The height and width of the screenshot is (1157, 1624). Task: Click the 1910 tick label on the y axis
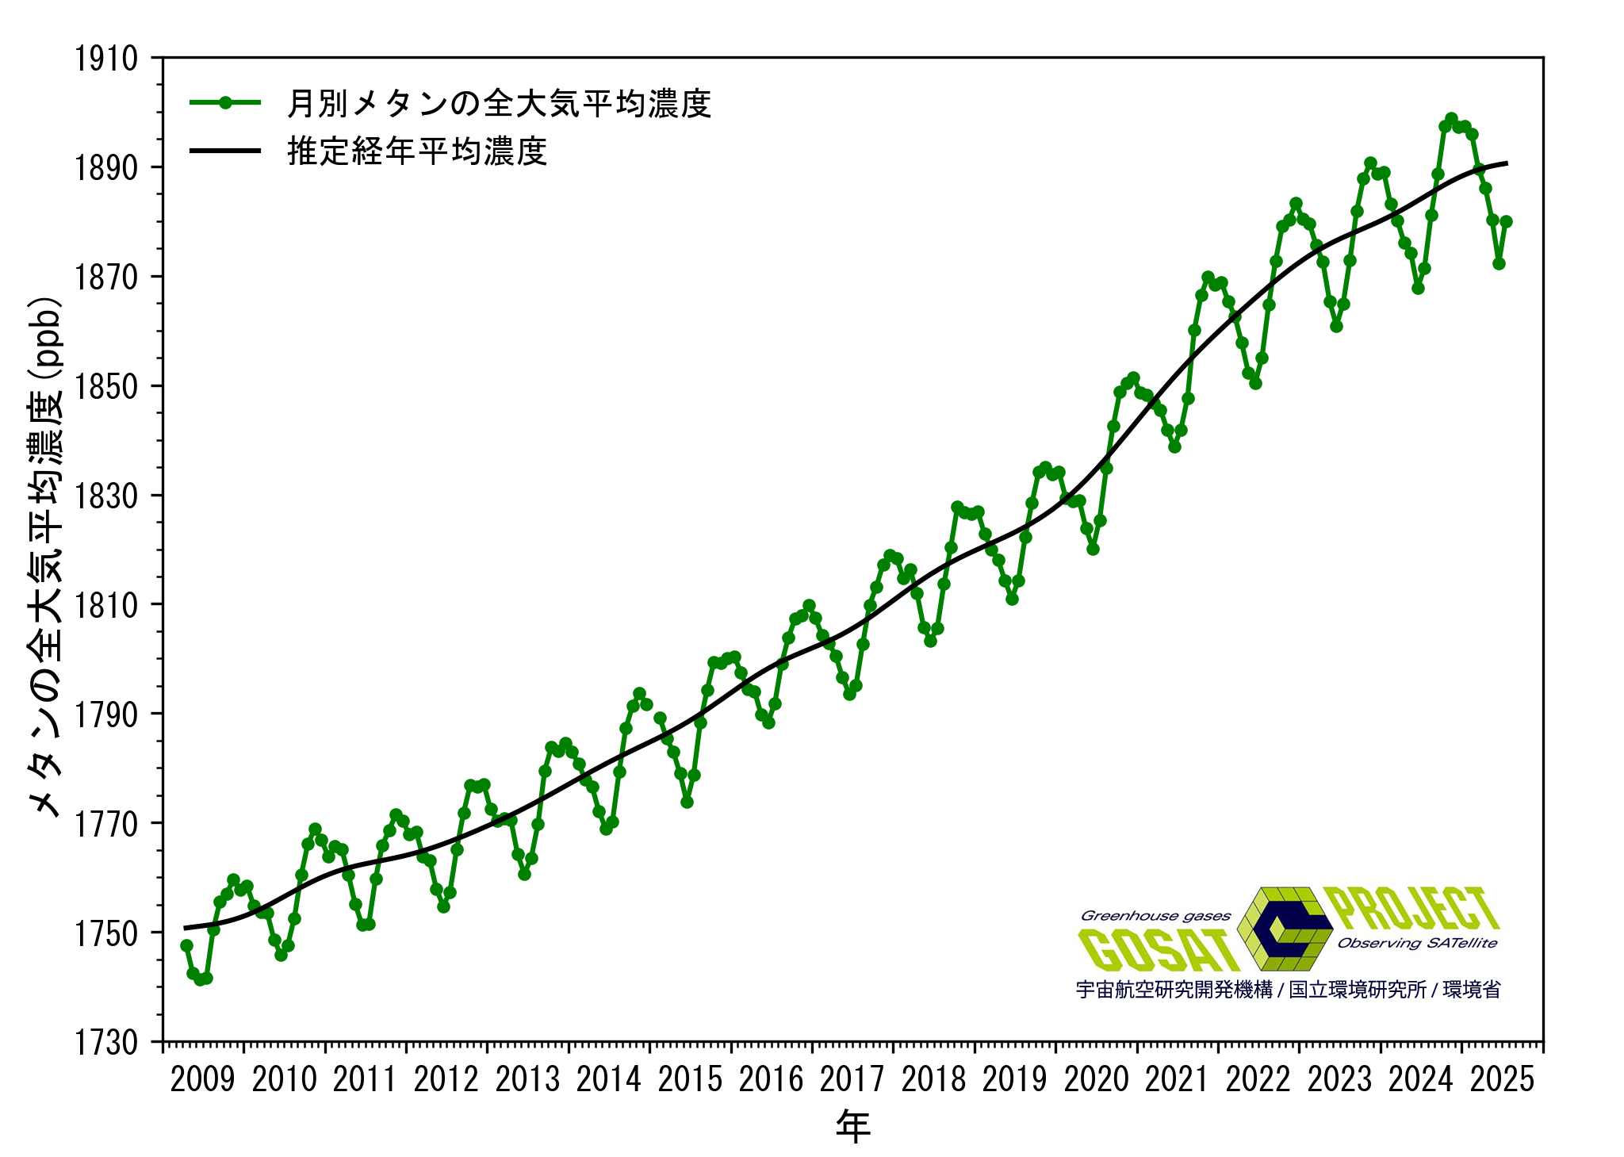pyautogui.click(x=105, y=59)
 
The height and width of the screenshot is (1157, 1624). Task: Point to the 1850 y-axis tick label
pyautogui.click(x=105, y=387)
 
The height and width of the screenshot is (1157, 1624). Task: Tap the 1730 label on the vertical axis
pyautogui.click(x=105, y=1042)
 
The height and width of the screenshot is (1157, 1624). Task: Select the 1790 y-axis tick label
pyautogui.click(x=105, y=715)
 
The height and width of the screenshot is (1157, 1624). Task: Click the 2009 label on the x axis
pyautogui.click(x=202, y=1079)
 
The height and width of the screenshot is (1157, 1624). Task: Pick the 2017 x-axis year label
pyautogui.click(x=852, y=1079)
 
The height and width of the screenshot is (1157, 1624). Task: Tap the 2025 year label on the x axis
pyautogui.click(x=1502, y=1079)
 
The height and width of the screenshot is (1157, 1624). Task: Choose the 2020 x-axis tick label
pyautogui.click(x=1096, y=1079)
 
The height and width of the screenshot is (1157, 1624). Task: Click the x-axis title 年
pyautogui.click(x=852, y=1126)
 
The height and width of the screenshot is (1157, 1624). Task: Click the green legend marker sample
pyautogui.click(x=225, y=102)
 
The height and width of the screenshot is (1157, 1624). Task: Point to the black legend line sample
pyautogui.click(x=225, y=151)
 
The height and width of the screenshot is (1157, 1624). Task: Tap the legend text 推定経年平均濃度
pyautogui.click(x=417, y=151)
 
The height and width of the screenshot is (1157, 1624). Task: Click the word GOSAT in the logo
pyautogui.click(x=1158, y=950)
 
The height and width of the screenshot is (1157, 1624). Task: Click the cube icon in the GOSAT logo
pyautogui.click(x=1285, y=928)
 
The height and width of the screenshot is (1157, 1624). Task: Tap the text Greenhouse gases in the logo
pyautogui.click(x=1155, y=916)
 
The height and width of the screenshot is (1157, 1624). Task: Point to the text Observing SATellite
pyautogui.click(x=1417, y=943)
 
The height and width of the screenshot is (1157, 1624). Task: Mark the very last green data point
pyautogui.click(x=1506, y=222)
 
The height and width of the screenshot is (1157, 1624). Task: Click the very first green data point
pyautogui.click(x=186, y=945)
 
